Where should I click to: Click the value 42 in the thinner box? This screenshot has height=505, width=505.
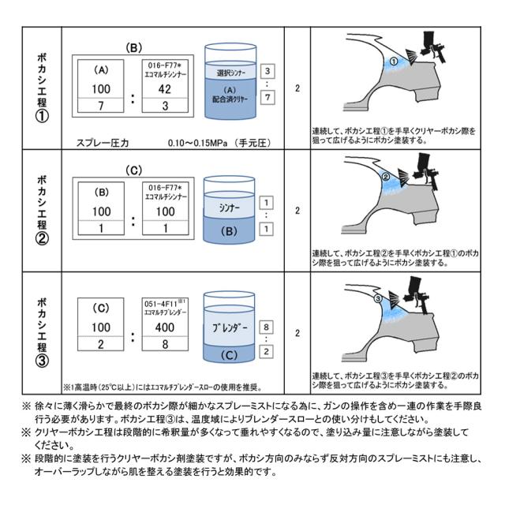click(x=165, y=90)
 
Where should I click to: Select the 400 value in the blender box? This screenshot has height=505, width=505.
click(x=165, y=327)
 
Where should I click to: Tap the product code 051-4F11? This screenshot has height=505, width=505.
click(x=162, y=301)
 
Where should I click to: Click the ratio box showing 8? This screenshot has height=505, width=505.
click(x=267, y=326)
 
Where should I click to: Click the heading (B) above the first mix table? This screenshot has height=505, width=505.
click(x=134, y=47)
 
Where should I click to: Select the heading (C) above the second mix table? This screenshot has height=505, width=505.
click(x=134, y=170)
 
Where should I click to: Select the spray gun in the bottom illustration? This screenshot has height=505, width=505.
click(x=417, y=291)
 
